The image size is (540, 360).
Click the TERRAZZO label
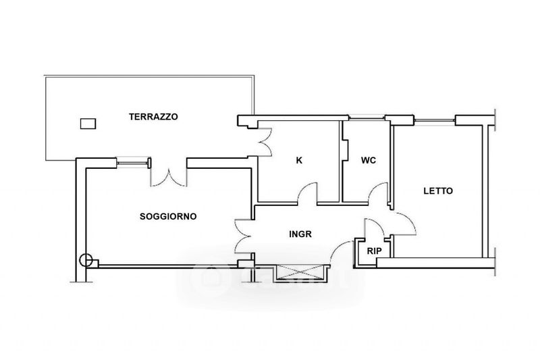154,117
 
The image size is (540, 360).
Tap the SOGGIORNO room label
168,216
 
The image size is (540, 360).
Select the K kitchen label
299,160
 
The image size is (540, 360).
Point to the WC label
369,160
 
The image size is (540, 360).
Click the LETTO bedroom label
438,191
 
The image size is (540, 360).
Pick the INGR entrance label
300,234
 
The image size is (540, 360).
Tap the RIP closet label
375,251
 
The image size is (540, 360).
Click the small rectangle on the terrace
88,124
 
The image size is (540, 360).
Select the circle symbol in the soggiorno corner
86,261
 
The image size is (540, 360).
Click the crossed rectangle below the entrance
300,274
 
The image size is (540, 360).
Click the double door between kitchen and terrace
265,142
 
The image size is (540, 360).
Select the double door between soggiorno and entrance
243,236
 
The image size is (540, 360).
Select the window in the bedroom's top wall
435,120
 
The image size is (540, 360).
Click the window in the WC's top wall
367,118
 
